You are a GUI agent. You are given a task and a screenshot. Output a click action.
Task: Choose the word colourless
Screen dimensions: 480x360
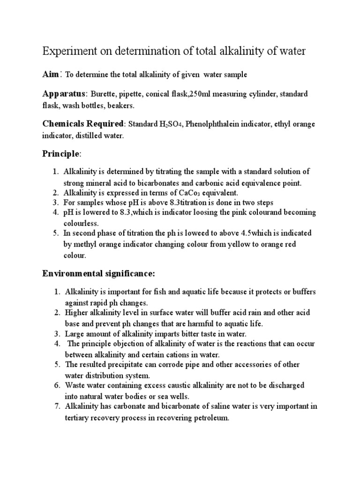pos(82,224)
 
